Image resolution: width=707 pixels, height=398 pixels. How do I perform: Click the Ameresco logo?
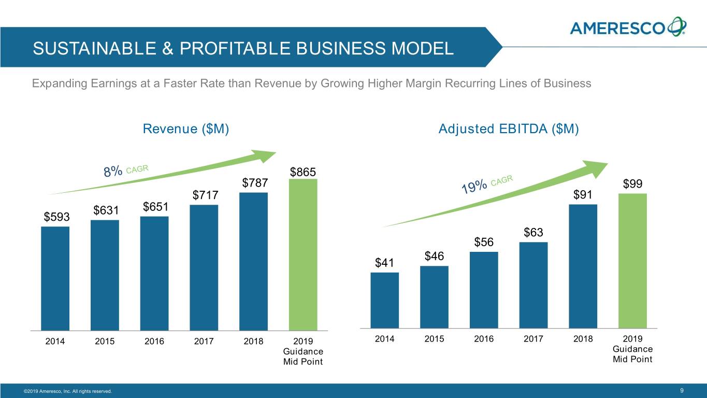(628, 26)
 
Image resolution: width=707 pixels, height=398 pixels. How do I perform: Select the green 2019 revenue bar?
(303, 254)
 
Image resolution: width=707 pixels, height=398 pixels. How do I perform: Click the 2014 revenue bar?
(55, 278)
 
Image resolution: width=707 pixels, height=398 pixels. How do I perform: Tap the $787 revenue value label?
(255, 183)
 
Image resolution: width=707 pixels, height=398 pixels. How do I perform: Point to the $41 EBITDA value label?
(384, 263)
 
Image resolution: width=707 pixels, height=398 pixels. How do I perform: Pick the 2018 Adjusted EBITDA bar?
(583, 266)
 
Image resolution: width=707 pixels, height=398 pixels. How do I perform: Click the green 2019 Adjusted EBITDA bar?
(632, 261)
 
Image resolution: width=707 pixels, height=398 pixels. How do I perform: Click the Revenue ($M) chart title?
(185, 129)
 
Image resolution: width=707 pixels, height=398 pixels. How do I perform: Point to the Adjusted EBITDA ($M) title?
(508, 129)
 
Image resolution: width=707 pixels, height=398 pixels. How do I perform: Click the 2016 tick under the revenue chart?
(154, 342)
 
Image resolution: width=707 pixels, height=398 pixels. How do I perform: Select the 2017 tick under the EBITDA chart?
(533, 339)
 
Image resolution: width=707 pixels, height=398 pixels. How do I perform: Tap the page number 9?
(683, 390)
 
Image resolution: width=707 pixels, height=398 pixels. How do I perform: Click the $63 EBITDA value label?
(533, 233)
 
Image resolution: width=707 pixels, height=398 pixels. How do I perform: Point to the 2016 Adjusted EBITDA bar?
(484, 290)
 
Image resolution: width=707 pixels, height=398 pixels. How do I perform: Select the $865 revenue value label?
(303, 172)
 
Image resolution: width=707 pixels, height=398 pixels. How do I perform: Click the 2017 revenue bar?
(204, 267)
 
